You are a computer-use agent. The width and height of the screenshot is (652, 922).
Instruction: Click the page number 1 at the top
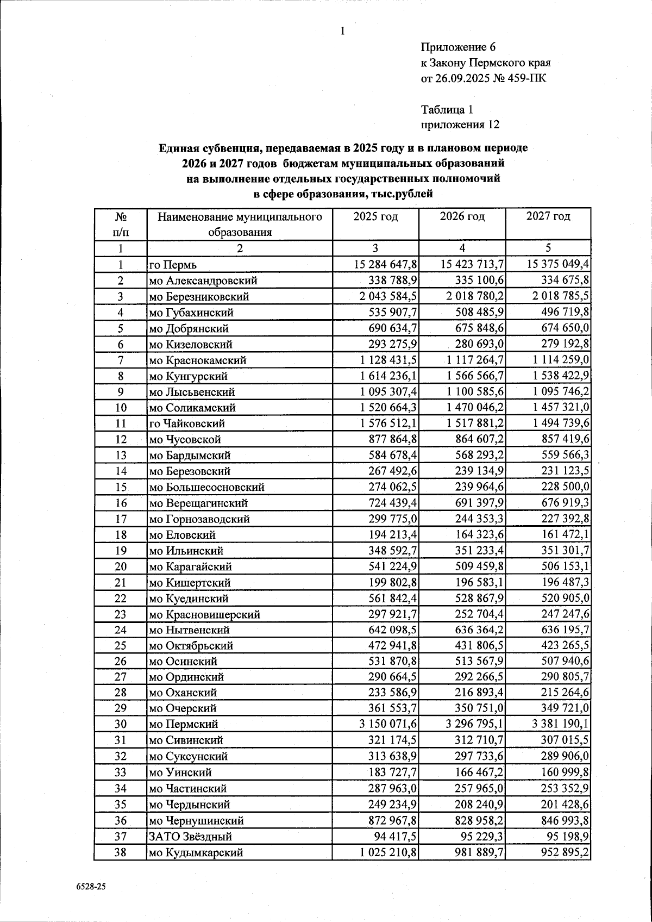point(343,32)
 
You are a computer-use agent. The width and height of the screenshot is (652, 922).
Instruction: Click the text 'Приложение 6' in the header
point(459,47)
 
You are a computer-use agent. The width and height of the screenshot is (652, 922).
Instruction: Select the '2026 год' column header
point(462,216)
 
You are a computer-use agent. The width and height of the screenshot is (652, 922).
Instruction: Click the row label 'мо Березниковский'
point(199,297)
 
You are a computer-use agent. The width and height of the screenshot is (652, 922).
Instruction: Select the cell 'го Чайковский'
point(187,423)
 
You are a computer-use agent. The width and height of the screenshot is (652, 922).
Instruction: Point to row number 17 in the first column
point(120,519)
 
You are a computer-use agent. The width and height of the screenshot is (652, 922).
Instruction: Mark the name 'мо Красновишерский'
point(205,614)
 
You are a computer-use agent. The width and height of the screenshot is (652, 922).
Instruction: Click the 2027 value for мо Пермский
point(559,724)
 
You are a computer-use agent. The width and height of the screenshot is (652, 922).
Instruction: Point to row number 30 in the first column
point(120,724)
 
